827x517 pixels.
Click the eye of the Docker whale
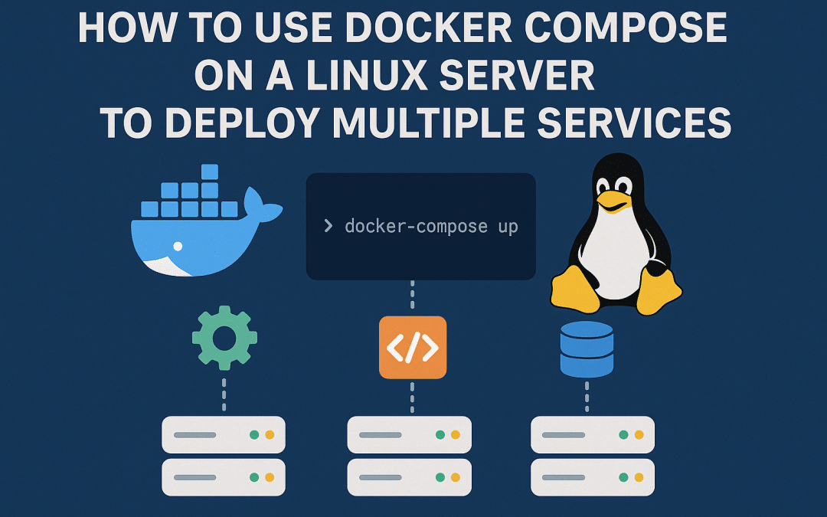click(x=178, y=246)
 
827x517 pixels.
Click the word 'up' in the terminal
click(x=508, y=227)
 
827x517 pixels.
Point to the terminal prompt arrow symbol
click(x=328, y=227)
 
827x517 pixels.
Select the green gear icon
click(x=224, y=338)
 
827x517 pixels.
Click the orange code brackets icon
click(x=412, y=348)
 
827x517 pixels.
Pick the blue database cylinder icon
click(x=587, y=349)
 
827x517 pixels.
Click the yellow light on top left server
click(x=270, y=435)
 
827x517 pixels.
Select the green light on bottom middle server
click(x=440, y=477)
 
